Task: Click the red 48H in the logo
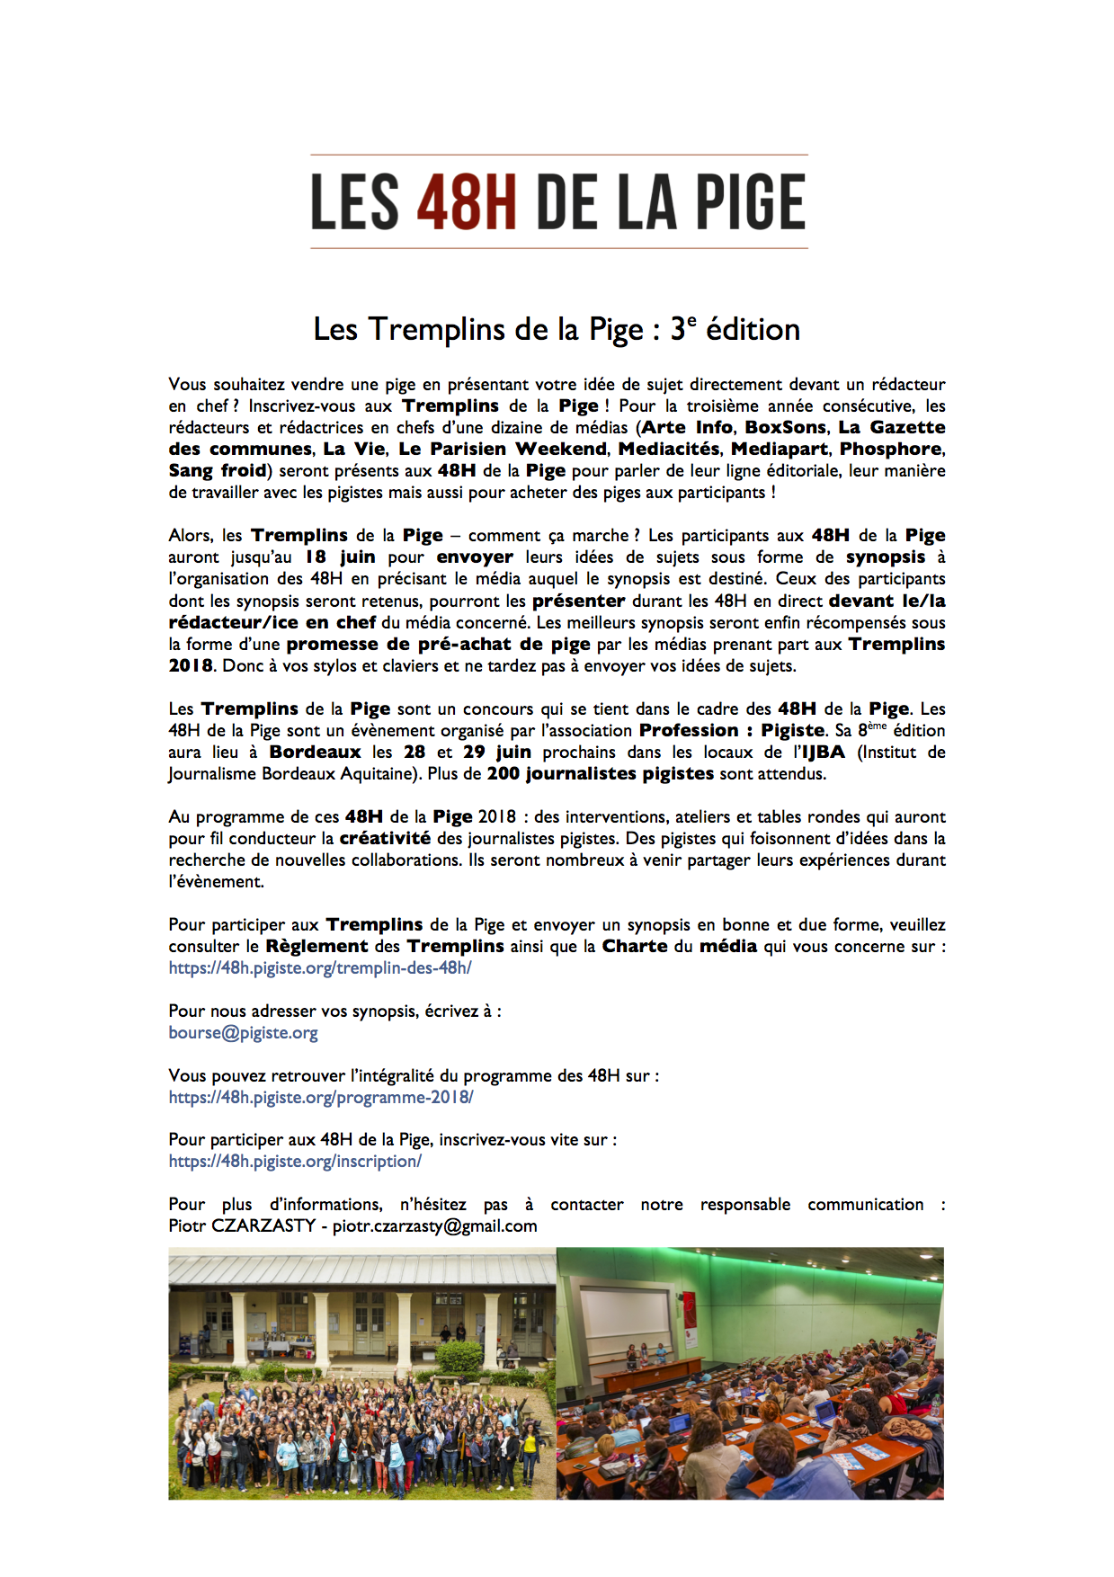pyautogui.click(x=466, y=202)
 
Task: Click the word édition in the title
pyautogui.click(x=753, y=330)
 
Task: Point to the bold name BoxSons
pyautogui.click(x=785, y=427)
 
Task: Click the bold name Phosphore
pyautogui.click(x=891, y=449)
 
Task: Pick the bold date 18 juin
pyautogui.click(x=340, y=557)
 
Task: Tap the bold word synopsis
pyautogui.click(x=886, y=557)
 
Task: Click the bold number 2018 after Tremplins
pyautogui.click(x=191, y=666)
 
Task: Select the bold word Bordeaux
pyautogui.click(x=315, y=753)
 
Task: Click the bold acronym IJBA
pyautogui.click(x=823, y=753)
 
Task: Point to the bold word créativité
pyautogui.click(x=385, y=839)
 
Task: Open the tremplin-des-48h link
pyautogui.click(x=320, y=968)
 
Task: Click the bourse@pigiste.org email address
pyautogui.click(x=243, y=1033)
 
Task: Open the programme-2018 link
pyautogui.click(x=321, y=1098)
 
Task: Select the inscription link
pyautogui.click(x=295, y=1162)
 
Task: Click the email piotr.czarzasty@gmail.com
pyautogui.click(x=435, y=1226)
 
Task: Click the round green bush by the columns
pyautogui.click(x=459, y=1356)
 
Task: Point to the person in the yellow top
pyautogui.click(x=530, y=1444)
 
